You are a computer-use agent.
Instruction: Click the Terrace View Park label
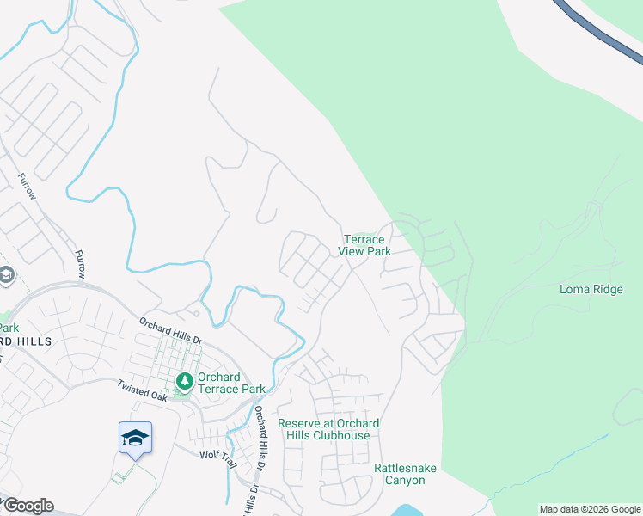tap(367, 245)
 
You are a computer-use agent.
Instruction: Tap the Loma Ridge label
tap(591, 289)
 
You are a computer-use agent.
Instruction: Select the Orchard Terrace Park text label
tap(231, 383)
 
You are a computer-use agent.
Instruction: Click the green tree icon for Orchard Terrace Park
tap(183, 380)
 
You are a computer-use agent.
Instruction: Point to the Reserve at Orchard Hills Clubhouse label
tap(328, 429)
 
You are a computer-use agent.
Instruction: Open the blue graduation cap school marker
tap(135, 438)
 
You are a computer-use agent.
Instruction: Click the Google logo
tap(28, 506)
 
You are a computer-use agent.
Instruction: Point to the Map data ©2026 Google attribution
tap(591, 509)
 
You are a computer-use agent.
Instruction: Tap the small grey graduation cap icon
tap(6, 275)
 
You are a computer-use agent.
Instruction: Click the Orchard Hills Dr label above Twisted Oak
tap(171, 329)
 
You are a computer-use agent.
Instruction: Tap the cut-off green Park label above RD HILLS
tap(9, 328)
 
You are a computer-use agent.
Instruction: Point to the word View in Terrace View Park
tap(352, 251)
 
